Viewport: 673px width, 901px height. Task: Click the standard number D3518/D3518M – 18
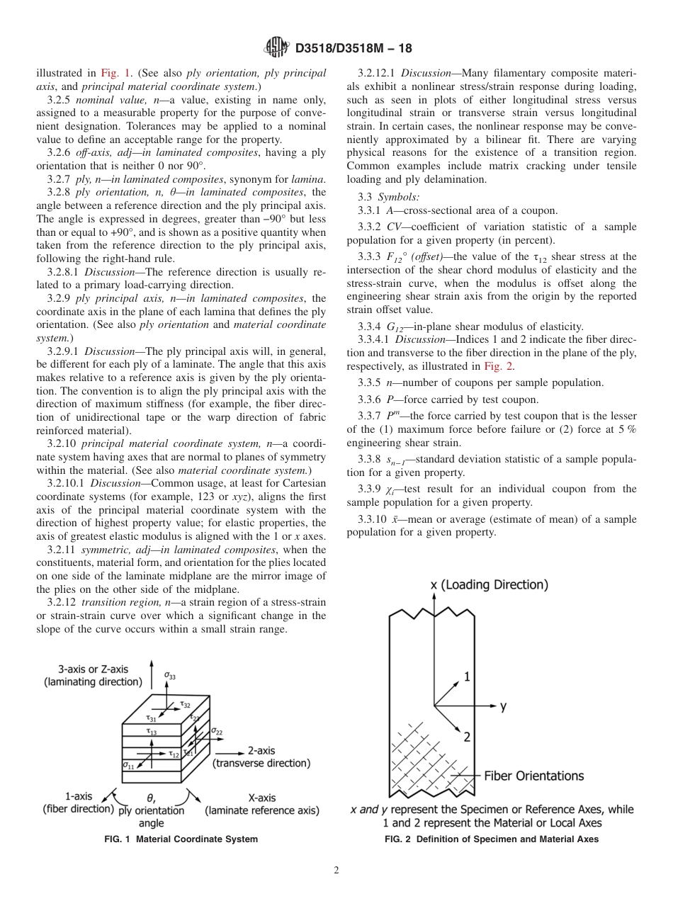pos(353,49)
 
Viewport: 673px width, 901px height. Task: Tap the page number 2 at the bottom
pos(336,871)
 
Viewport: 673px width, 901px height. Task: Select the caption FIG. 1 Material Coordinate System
pos(180,839)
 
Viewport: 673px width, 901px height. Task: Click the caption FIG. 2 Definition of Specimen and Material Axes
pos(491,839)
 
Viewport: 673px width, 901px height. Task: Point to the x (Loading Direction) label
pos(490,585)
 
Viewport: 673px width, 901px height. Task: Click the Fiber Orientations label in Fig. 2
pos(533,776)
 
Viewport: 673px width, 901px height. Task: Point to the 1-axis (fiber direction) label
pos(78,803)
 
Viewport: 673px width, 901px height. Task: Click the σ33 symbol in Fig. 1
pos(170,676)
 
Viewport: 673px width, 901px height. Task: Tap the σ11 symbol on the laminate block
pos(128,766)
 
